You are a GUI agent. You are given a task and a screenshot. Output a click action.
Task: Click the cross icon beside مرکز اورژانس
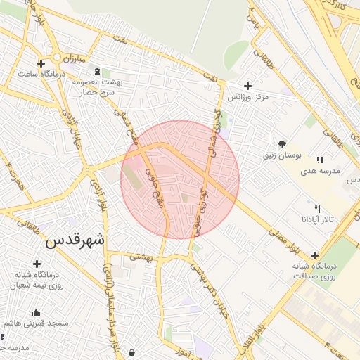pyautogui.click(x=248, y=85)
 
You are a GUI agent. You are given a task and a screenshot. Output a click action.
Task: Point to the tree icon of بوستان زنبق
pyautogui.click(x=282, y=144)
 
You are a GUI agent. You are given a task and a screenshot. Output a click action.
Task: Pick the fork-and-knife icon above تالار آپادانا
pyautogui.click(x=317, y=209)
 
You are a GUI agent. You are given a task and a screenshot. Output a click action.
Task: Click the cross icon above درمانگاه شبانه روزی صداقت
pyautogui.click(x=314, y=255)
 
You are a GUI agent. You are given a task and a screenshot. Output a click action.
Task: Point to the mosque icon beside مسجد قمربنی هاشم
pyautogui.click(x=36, y=313)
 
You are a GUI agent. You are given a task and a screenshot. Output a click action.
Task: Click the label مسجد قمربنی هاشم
pyautogui.click(x=39, y=323)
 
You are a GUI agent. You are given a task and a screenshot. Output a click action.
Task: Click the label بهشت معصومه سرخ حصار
pyautogui.click(x=97, y=87)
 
